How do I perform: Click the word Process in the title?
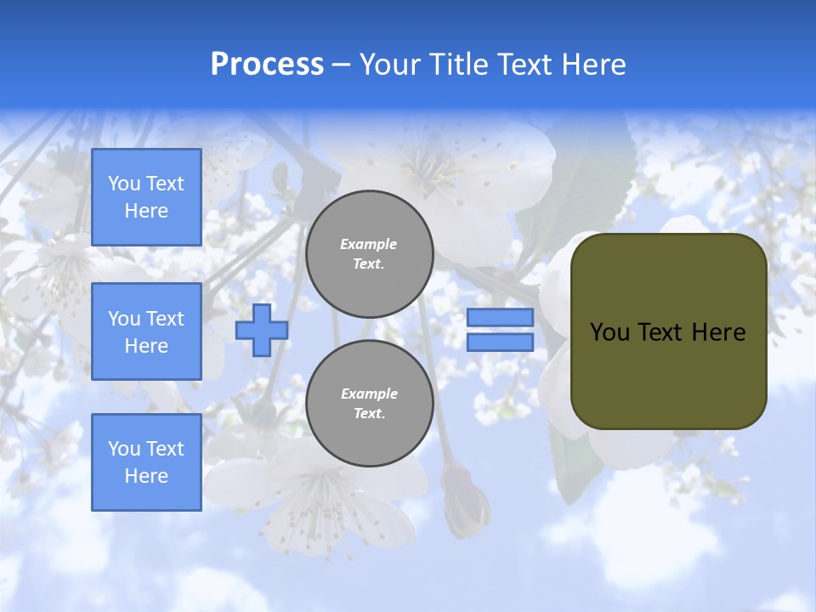[x=267, y=65]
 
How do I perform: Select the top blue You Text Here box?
[x=146, y=197]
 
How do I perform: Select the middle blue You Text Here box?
[x=146, y=331]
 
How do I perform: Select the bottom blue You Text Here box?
[x=146, y=462]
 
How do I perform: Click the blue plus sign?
[x=262, y=330]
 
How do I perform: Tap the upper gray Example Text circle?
[x=369, y=254]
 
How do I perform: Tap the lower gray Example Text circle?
[x=369, y=404]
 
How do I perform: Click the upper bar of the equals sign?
[x=500, y=318]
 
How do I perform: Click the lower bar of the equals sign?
[x=500, y=342]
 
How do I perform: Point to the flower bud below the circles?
[x=466, y=501]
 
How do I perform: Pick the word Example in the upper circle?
[x=369, y=244]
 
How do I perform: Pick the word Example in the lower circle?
[x=369, y=394]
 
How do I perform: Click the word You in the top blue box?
[x=124, y=184]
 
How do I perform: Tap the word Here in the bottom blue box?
[x=146, y=476]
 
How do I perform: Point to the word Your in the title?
[x=389, y=65]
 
